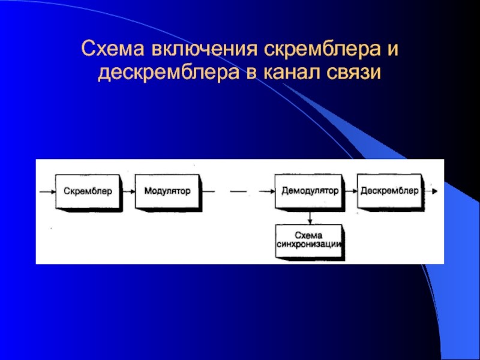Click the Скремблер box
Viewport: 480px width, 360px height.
point(88,191)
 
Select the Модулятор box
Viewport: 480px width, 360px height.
point(167,191)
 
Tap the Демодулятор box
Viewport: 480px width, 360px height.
point(310,191)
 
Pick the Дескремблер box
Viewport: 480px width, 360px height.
point(389,191)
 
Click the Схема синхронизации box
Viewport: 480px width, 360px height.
point(310,240)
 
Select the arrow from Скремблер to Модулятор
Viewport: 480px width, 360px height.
point(128,191)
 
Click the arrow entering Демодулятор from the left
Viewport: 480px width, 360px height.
point(266,191)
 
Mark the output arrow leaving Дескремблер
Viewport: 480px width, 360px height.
point(431,191)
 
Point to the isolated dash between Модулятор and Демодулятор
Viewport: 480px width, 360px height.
point(238,191)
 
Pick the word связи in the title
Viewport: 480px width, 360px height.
point(356,74)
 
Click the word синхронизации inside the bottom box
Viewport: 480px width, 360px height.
point(310,245)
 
